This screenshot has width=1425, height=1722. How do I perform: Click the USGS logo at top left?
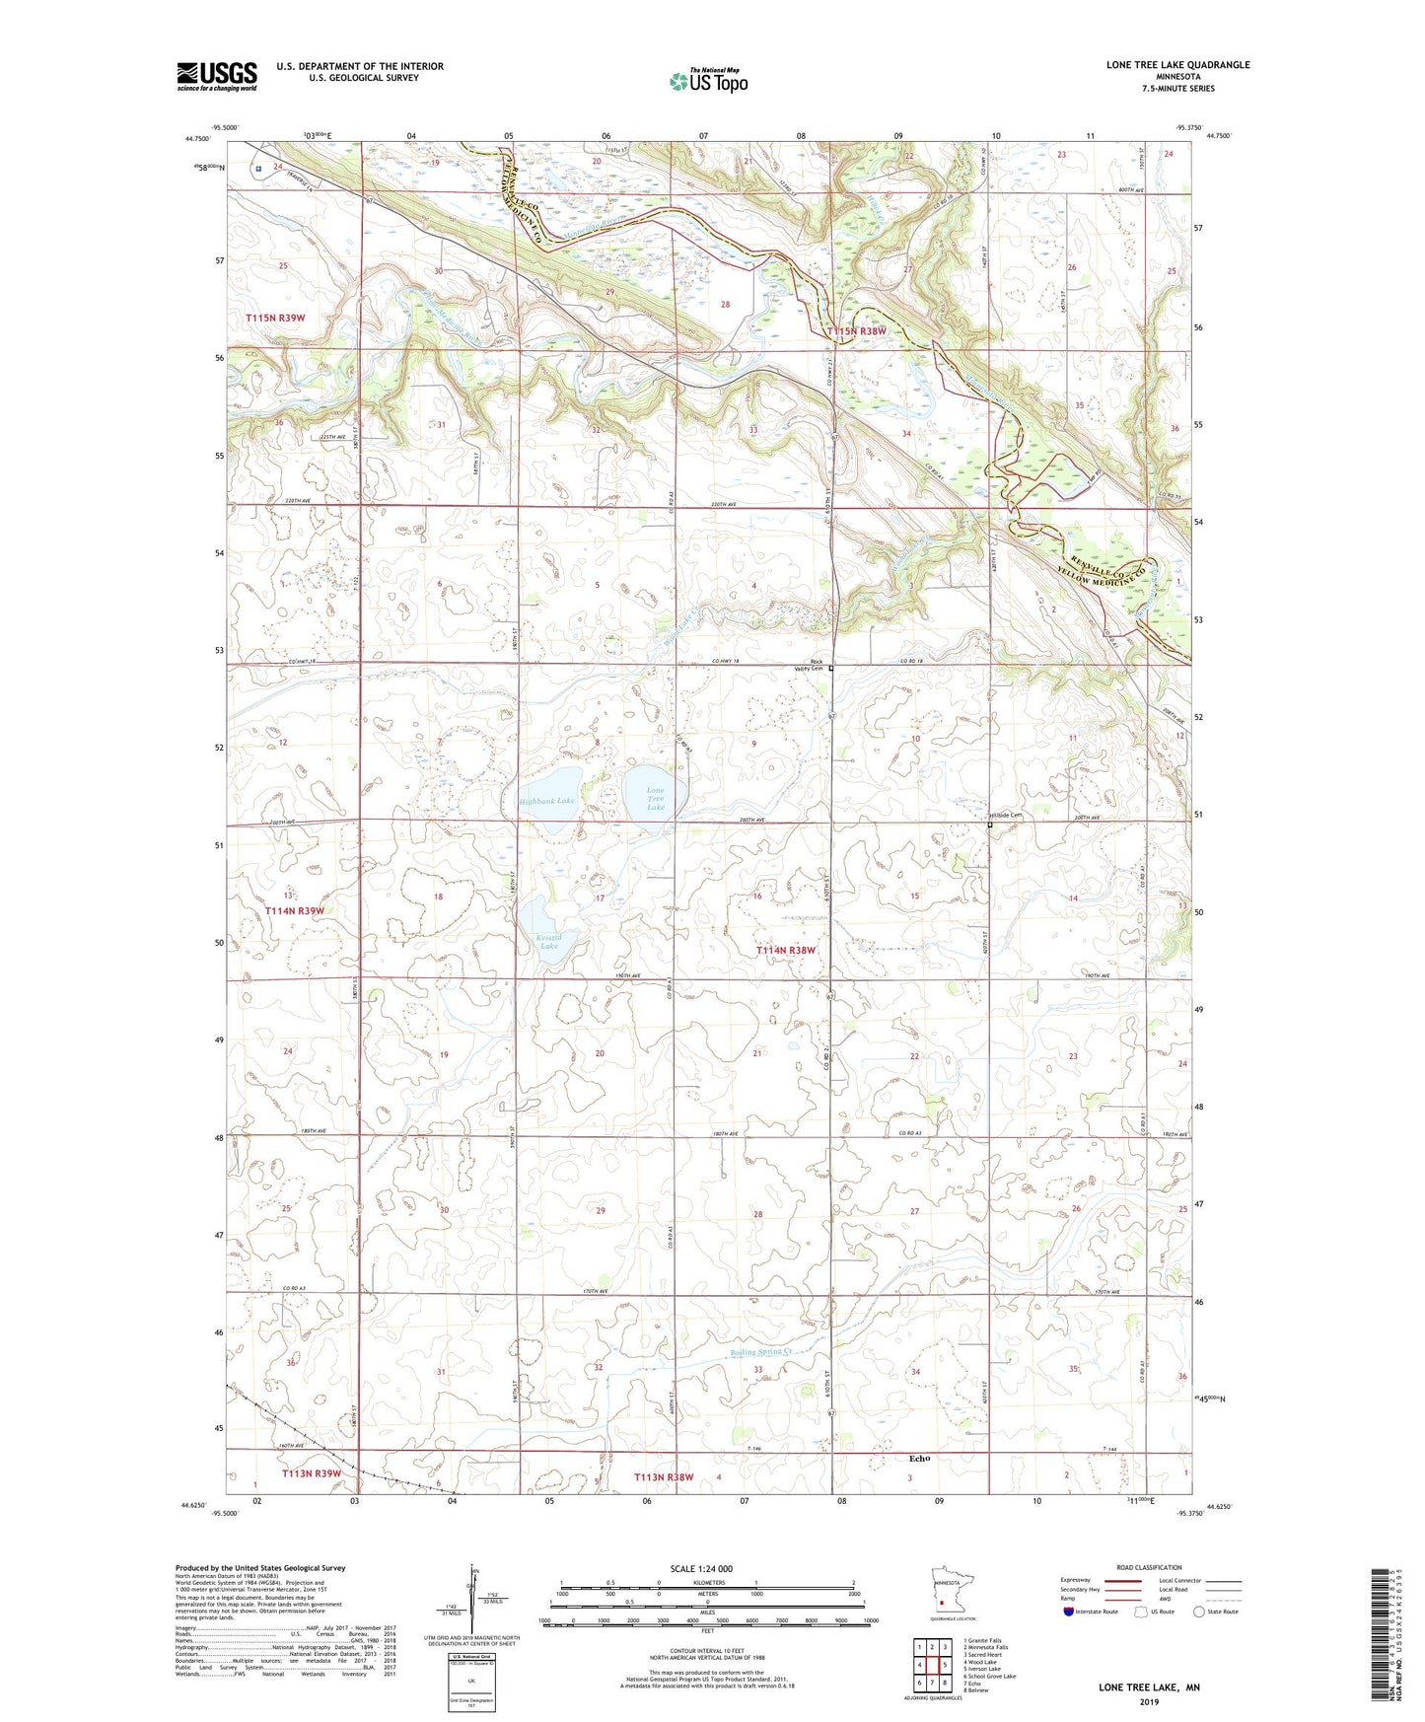(217, 75)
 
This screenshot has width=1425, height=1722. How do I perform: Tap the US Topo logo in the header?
(708, 81)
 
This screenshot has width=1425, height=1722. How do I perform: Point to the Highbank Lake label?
(546, 801)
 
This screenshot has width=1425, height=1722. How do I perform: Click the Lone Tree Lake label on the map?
(655, 799)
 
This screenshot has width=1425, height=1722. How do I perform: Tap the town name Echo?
(919, 1458)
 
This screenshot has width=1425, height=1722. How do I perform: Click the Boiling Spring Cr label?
(761, 1352)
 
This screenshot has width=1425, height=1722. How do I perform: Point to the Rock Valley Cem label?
(810, 665)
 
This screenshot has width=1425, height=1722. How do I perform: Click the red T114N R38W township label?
(786, 950)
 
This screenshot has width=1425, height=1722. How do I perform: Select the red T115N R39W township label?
(275, 318)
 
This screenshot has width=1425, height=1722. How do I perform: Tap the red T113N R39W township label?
(311, 1473)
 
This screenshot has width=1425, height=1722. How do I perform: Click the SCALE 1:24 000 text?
(701, 1568)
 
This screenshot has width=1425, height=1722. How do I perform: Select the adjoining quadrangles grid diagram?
(932, 1666)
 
